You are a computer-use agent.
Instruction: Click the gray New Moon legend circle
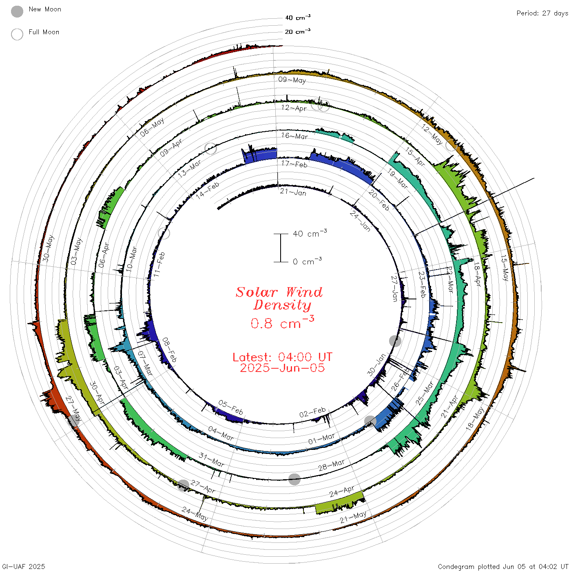point(17,11)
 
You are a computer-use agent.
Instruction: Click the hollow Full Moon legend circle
point(17,34)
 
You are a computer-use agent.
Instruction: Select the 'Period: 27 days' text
point(542,13)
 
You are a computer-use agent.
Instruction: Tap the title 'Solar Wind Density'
point(279,299)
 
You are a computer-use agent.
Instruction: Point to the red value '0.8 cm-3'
point(282,322)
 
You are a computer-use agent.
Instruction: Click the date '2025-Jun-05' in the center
point(282,368)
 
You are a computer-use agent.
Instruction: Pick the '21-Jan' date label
point(293,192)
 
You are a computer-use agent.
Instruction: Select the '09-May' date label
point(292,80)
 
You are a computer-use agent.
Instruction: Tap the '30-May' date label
point(48,248)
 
